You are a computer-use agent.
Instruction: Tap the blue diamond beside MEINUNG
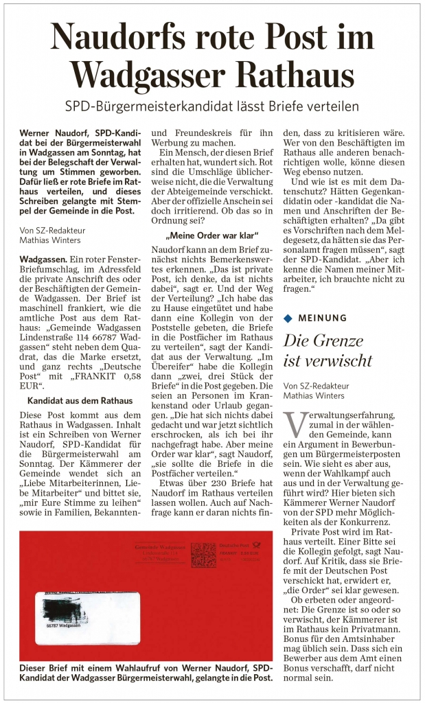[x=288, y=318]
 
